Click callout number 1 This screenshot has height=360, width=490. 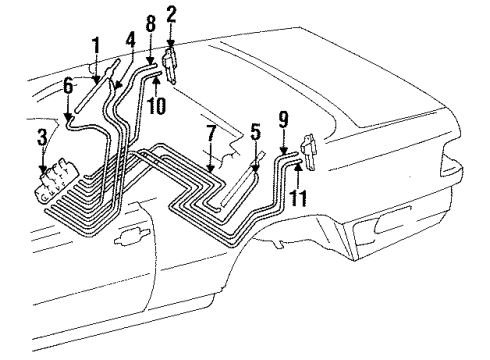(96, 46)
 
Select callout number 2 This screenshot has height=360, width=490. (171, 15)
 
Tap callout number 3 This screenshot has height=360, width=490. (42, 137)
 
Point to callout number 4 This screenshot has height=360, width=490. (131, 41)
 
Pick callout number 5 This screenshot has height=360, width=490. (256, 132)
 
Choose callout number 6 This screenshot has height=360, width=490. (68, 86)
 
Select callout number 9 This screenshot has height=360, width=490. (283, 119)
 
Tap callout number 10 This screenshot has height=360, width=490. (156, 106)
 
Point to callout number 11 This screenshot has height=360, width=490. (297, 198)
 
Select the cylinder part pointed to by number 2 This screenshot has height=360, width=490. (170, 64)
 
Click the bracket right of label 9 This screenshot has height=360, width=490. (309, 152)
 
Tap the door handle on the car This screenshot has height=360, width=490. (131, 236)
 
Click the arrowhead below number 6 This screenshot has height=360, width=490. (68, 117)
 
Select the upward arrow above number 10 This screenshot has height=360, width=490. (156, 86)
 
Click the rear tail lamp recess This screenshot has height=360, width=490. (393, 221)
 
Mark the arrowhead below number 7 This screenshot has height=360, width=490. (210, 169)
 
